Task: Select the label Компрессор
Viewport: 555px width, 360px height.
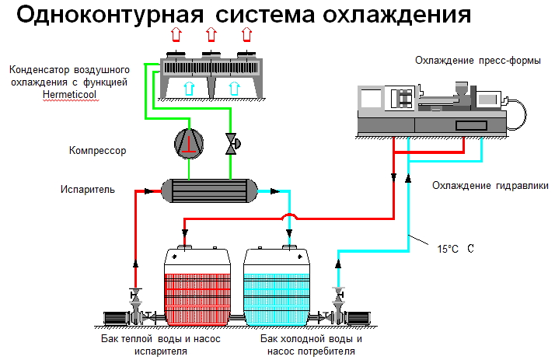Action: pyautogui.click(x=97, y=150)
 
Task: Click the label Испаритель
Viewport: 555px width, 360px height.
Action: pyautogui.click(x=88, y=189)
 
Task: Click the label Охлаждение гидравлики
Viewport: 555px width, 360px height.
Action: pyautogui.click(x=490, y=186)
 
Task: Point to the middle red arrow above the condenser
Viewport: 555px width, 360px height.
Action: pyautogui.click(x=210, y=33)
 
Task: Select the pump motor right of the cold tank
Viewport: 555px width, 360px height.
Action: pyautogui.click(x=361, y=318)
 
